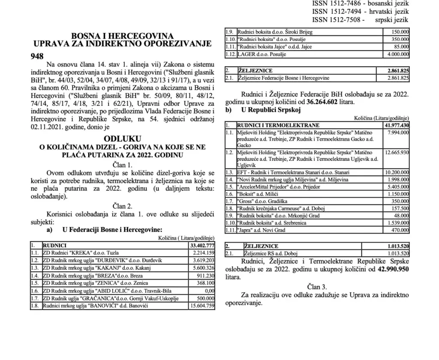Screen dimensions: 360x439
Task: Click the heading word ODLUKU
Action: click(x=122, y=139)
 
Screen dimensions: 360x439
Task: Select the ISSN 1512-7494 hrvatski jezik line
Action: click(x=361, y=12)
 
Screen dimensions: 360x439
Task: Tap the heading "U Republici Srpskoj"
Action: click(x=270, y=110)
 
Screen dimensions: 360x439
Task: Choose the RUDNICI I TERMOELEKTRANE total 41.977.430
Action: click(x=396, y=125)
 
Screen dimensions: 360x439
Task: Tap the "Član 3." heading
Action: click(x=317, y=286)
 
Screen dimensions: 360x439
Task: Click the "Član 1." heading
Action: click(x=122, y=165)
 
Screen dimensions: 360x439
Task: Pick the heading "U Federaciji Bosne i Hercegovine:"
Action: click(x=112, y=230)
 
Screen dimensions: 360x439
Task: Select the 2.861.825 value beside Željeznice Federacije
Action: click(x=397, y=78)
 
